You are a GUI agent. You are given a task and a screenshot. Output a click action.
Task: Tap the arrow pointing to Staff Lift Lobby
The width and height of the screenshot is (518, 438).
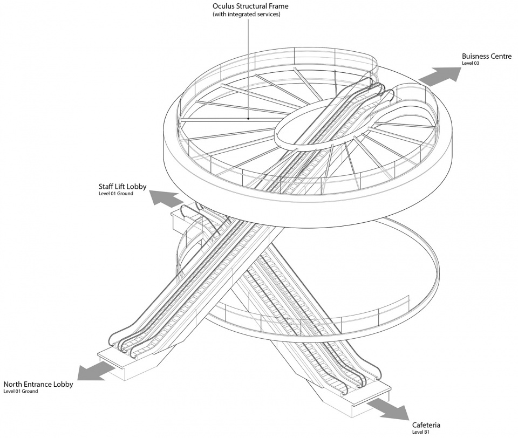click(x=167, y=198)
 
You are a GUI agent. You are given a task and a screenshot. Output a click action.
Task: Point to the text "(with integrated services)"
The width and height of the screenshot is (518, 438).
click(x=247, y=14)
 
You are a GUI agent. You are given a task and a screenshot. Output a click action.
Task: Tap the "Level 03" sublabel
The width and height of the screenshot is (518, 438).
click(x=471, y=63)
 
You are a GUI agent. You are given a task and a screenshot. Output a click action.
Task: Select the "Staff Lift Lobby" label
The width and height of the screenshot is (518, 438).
click(x=122, y=187)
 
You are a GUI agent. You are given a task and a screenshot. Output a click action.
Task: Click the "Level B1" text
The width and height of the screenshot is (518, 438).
click(x=421, y=432)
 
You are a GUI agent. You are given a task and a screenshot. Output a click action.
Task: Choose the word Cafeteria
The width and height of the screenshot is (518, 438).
click(x=426, y=425)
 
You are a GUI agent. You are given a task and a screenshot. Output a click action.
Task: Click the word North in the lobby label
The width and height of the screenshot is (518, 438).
click(x=13, y=385)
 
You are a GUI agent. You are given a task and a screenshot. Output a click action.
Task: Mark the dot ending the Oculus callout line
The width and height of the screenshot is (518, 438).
click(x=248, y=119)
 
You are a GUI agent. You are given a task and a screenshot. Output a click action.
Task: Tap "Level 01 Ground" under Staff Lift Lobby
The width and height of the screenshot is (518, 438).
click(x=115, y=194)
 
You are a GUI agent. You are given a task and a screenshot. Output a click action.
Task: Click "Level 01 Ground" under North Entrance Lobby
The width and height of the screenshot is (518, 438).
click(x=21, y=392)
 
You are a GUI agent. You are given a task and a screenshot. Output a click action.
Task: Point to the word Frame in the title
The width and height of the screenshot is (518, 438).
click(x=278, y=6)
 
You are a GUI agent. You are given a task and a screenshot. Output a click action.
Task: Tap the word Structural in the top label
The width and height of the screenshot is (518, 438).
click(x=252, y=6)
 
